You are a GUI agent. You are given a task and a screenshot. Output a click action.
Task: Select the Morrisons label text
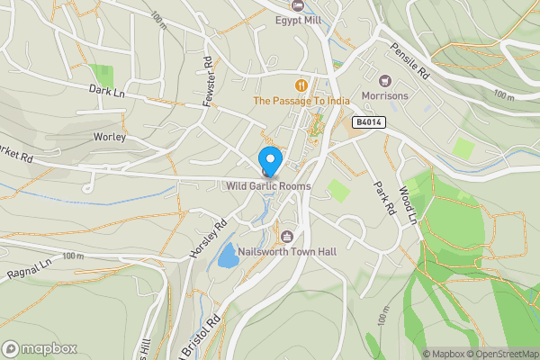[x=384, y=95]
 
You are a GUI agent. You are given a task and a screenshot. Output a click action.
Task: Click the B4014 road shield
[x=367, y=121]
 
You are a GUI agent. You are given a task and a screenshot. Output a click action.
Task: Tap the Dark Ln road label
[x=106, y=90]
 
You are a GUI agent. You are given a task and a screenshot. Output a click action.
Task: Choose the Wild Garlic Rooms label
[x=268, y=186]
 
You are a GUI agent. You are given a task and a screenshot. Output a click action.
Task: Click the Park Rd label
[x=385, y=196]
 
